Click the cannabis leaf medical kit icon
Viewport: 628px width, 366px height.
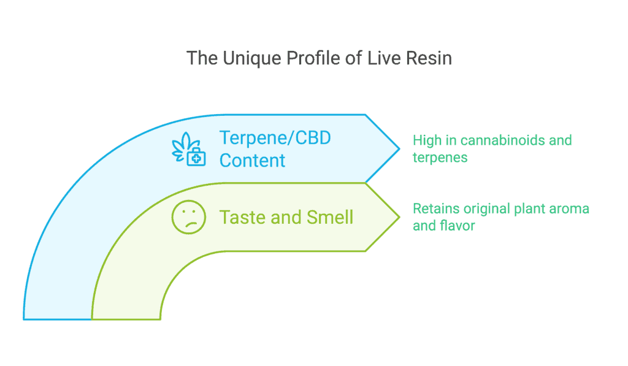pyautogui.click(x=189, y=149)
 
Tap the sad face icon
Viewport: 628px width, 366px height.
pyautogui.click(x=189, y=217)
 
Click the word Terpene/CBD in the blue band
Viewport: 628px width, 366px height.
pyautogui.click(x=275, y=138)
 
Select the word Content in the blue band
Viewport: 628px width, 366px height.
pyautogui.click(x=252, y=161)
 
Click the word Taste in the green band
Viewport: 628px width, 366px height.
pyautogui.click(x=243, y=218)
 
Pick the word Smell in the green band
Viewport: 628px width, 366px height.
pyautogui.click(x=329, y=218)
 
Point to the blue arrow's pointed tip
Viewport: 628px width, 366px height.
pyautogui.click(x=399, y=149)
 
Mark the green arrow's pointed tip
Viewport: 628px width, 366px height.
pyautogui.click(x=399, y=217)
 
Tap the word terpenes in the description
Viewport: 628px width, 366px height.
pyautogui.click(x=440, y=158)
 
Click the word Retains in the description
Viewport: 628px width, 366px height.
pyautogui.click(x=436, y=208)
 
